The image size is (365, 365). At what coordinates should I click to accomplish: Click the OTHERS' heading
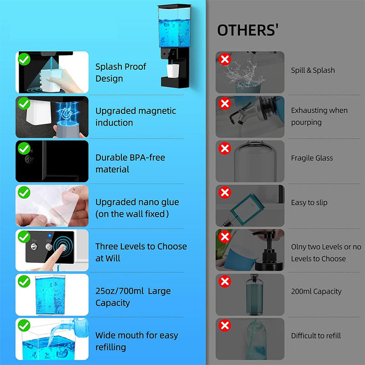pos(248,30)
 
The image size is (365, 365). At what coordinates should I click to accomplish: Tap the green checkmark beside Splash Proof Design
pos(24,59)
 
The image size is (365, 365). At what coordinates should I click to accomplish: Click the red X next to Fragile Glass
pos(224,148)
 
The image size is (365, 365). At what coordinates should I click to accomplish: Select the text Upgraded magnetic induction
pos(136,117)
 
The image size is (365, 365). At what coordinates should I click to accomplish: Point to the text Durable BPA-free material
pos(130,163)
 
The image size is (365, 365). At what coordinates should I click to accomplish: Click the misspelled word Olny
pos(299,247)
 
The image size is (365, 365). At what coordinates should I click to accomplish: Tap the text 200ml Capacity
pos(316,291)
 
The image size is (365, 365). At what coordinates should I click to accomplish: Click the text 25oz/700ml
pos(120,291)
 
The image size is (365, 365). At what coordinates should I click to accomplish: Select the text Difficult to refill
pos(316,335)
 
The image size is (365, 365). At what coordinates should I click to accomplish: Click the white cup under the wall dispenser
pos(173,71)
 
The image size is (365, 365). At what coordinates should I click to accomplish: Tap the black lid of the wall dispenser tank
pos(174,6)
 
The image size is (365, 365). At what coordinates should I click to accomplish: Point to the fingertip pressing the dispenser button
pos(62,247)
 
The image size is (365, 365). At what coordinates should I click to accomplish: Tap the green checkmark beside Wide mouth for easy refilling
pos(24,325)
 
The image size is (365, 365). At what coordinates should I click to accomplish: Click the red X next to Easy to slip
pos(224,193)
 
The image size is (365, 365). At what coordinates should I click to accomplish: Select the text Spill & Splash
pos(313,70)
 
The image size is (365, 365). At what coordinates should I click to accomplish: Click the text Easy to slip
pos(309,203)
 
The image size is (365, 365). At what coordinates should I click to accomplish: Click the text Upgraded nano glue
pos(137,202)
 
